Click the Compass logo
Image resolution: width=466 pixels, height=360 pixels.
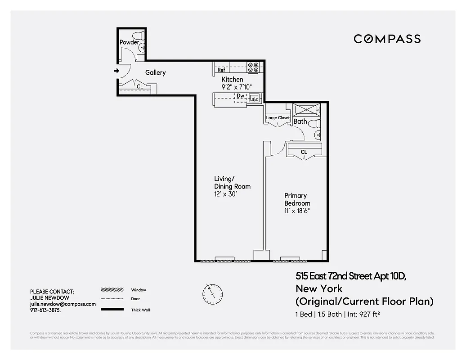pyautogui.click(x=387, y=39)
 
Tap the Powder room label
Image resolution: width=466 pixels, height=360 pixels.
pyautogui.click(x=129, y=42)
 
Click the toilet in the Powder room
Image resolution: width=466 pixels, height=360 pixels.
pyautogui.click(x=137, y=35)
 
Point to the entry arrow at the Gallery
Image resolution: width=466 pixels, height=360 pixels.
pyautogui.click(x=116, y=71)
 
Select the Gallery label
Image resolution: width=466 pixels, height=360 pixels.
pyautogui.click(x=155, y=72)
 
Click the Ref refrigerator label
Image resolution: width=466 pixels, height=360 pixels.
pyautogui.click(x=221, y=70)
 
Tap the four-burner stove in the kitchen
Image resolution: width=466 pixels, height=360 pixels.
pyautogui.click(x=253, y=67)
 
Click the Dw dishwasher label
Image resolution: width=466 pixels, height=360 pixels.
pyautogui.click(x=241, y=96)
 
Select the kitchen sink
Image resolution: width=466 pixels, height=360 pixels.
pyautogui.click(x=254, y=97)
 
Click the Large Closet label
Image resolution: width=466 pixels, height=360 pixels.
pyautogui.click(x=278, y=118)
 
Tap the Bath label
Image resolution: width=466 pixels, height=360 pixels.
pyautogui.click(x=300, y=121)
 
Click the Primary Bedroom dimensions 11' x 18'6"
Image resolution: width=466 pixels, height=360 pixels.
pyautogui.click(x=297, y=210)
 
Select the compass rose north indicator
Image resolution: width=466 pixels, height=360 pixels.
pyautogui.click(x=212, y=293)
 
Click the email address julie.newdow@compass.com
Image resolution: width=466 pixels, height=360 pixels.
pyautogui.click(x=63, y=304)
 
